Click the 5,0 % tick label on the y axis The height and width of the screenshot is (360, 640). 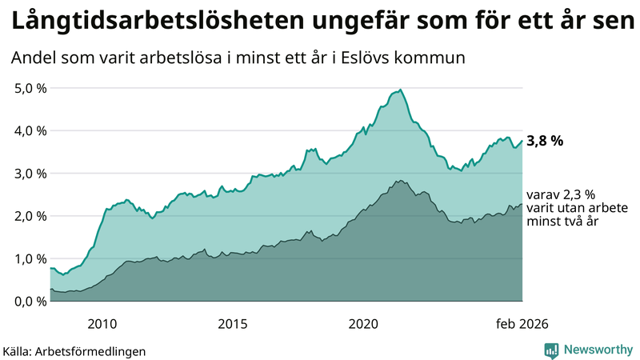(x=30, y=88)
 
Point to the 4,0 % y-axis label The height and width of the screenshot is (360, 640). (x=30, y=130)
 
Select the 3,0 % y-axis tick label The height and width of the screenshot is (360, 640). (x=30, y=174)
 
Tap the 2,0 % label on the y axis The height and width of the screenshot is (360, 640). (x=30, y=216)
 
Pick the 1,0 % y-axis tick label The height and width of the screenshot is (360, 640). (x=30, y=258)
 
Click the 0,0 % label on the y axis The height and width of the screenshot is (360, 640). (x=30, y=301)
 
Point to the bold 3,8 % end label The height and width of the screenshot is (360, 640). (x=544, y=141)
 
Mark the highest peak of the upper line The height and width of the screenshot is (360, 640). (x=400, y=90)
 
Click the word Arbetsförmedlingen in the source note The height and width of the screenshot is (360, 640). (x=91, y=350)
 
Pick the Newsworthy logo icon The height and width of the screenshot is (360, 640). (x=551, y=350)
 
